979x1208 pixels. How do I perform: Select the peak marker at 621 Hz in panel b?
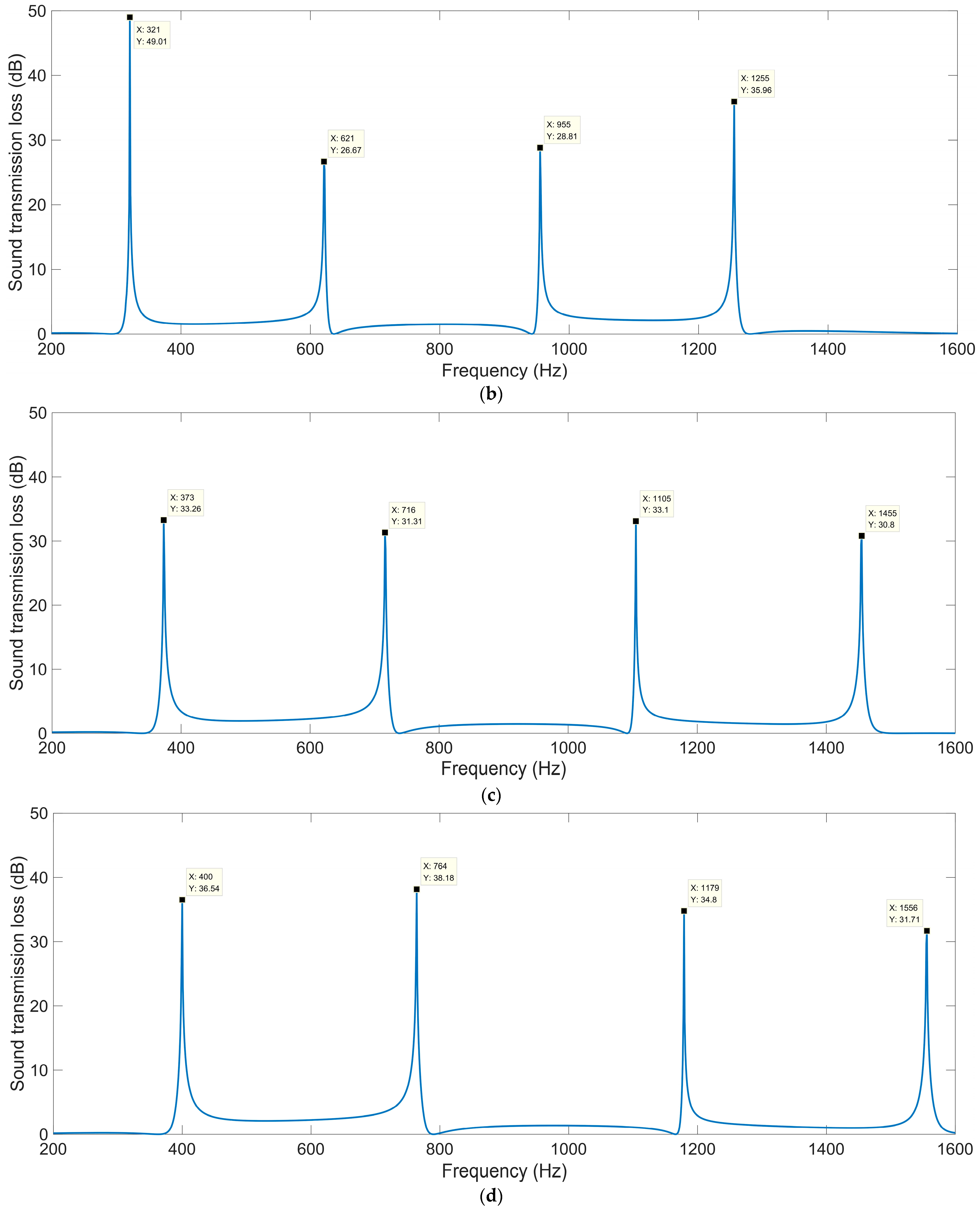pos(324,162)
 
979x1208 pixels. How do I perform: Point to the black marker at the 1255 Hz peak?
pos(734,102)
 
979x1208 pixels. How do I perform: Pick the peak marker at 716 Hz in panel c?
pos(385,532)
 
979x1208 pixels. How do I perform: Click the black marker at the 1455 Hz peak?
pos(861,536)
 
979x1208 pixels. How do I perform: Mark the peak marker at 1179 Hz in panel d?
pos(683,911)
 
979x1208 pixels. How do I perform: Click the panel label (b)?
pos(491,394)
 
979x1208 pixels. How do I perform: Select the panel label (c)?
pos(491,795)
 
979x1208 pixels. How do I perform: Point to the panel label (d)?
pos(491,1196)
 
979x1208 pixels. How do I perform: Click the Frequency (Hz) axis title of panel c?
pos(504,769)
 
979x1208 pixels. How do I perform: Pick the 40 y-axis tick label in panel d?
pos(38,877)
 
